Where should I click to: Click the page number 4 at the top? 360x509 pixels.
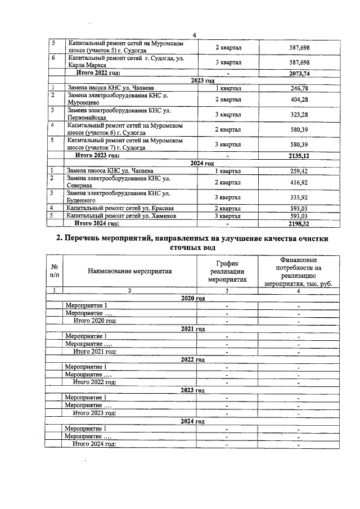click(x=193, y=35)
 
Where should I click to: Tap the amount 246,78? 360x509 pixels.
click(x=299, y=88)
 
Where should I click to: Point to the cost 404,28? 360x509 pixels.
click(x=299, y=100)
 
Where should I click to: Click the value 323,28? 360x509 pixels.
click(x=299, y=115)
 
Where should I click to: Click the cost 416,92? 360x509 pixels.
click(x=299, y=182)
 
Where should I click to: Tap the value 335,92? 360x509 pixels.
click(x=299, y=197)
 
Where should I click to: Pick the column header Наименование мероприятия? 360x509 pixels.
click(x=129, y=271)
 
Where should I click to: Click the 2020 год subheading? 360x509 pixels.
click(x=192, y=298)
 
